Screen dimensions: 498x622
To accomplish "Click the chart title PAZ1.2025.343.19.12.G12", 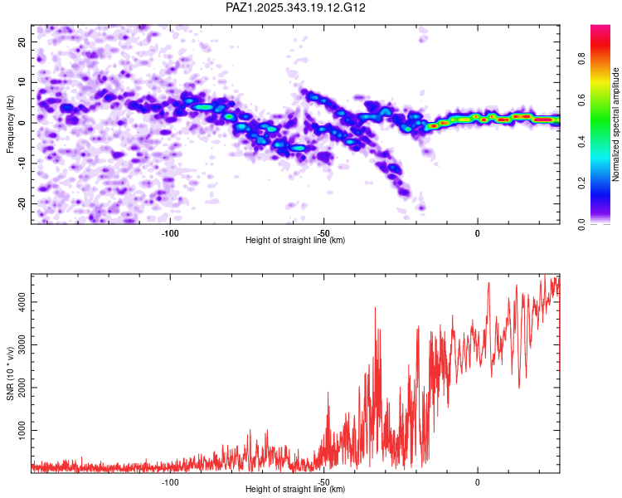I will tap(296, 7).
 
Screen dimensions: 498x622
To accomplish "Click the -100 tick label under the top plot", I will tap(171, 233).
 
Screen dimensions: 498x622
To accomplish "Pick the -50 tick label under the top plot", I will tap(324, 233).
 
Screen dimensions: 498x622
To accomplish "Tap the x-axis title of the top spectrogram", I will tap(295, 241).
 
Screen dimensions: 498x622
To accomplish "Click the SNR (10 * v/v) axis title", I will tap(10, 374).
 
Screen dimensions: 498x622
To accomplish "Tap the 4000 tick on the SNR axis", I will tap(19, 304).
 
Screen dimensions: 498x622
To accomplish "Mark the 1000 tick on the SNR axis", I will tap(19, 432).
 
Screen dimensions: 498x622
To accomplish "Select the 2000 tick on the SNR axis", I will tap(19, 388).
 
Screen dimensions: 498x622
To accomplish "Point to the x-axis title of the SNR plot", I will tap(295, 490).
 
